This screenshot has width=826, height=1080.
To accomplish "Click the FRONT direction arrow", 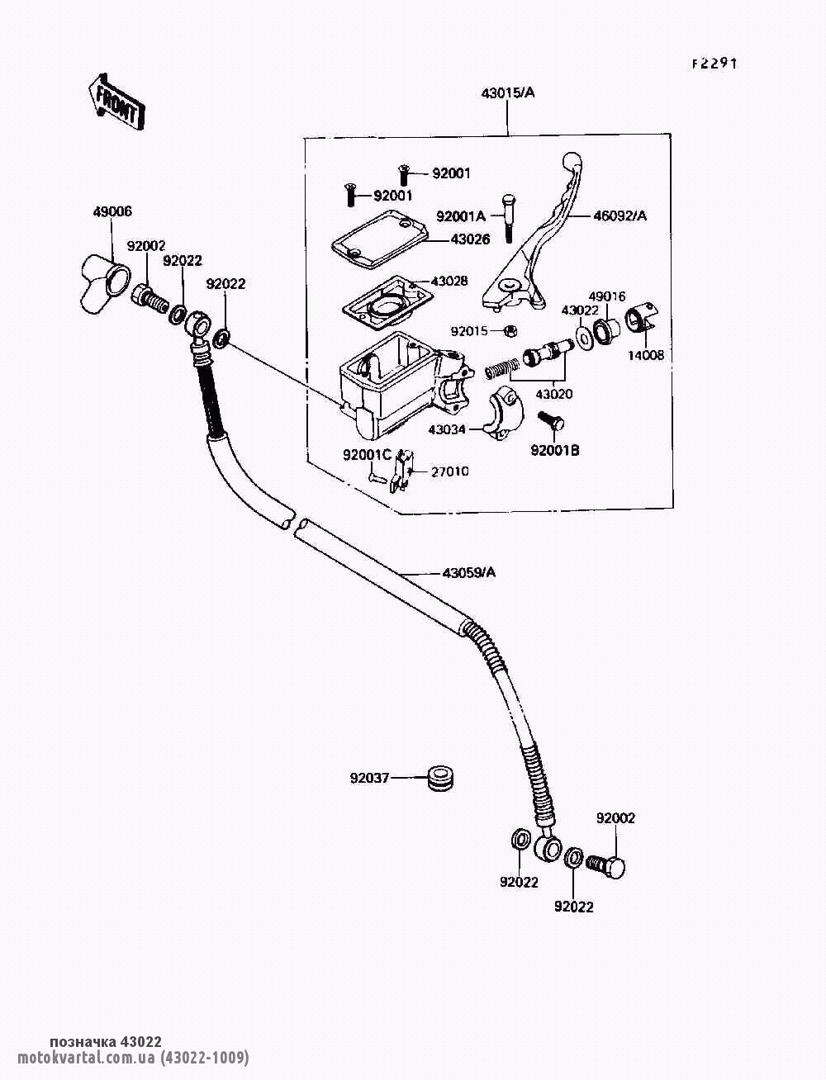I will pos(115,101).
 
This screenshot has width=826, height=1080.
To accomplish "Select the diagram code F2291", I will pos(714,64).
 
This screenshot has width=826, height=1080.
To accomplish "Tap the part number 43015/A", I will pos(508,93).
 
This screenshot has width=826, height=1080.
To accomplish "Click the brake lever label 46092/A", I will pos(619,216).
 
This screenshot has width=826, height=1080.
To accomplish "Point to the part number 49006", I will pos(112,212).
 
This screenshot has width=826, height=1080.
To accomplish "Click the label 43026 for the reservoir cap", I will pos(470,239).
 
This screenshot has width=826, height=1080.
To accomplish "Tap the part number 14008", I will pos(645,356).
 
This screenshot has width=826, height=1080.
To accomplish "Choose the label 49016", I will pos(607,296).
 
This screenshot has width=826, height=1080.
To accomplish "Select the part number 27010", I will pos(449,471).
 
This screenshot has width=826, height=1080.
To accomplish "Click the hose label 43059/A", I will pos(468,572).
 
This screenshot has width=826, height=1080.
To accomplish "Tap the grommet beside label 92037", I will pos(440,779).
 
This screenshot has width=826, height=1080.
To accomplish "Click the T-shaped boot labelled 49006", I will pos(104,282).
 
